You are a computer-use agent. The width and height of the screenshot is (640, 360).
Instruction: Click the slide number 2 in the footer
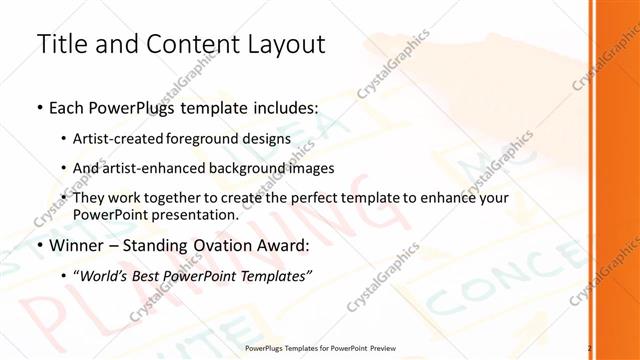point(590,349)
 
